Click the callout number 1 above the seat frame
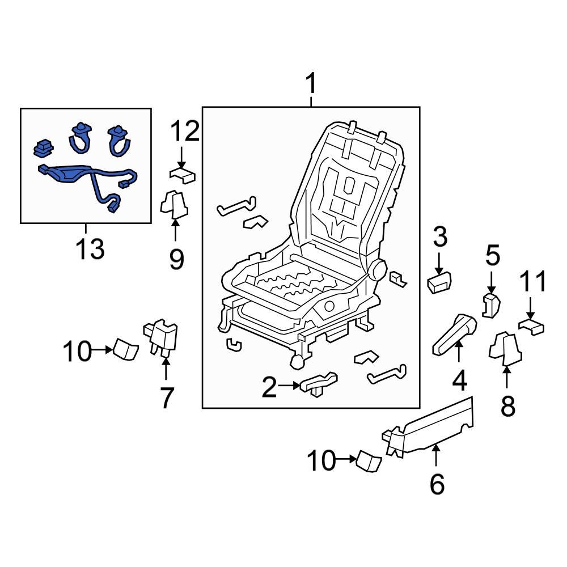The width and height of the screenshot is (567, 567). [x=310, y=85]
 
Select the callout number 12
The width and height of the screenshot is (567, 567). [x=187, y=131]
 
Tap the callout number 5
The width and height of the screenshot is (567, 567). [x=492, y=256]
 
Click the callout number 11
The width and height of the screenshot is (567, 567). [x=534, y=282]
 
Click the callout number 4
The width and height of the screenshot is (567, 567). [x=459, y=379]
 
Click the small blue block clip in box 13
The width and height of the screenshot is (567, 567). [x=44, y=148]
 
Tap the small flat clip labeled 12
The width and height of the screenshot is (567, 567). [x=182, y=174]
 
